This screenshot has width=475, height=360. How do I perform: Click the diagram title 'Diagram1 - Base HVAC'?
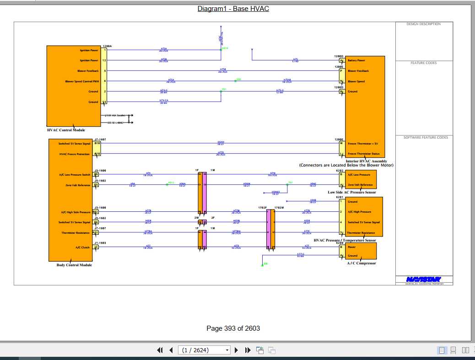[x=233, y=9]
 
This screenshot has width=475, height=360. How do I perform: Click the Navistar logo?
[x=424, y=279]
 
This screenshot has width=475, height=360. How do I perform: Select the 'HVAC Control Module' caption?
[x=66, y=130]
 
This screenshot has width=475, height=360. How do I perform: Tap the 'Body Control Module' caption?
[x=74, y=265]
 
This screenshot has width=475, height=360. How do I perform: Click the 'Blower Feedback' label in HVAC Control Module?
[x=88, y=71]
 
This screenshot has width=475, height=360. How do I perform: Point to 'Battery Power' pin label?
[x=356, y=60]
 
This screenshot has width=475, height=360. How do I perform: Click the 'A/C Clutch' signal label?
[x=82, y=247]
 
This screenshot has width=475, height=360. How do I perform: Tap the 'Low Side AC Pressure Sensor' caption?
[x=352, y=193]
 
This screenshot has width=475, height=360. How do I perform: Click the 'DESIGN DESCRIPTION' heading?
[x=424, y=24]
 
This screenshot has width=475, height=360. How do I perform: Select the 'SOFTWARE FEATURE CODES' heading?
[x=426, y=138]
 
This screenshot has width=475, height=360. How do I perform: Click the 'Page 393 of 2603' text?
[x=233, y=328]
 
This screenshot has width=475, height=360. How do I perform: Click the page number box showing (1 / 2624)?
[x=205, y=350]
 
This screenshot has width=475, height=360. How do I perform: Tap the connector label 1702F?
[x=262, y=208]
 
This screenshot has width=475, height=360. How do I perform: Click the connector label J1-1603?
[x=100, y=243]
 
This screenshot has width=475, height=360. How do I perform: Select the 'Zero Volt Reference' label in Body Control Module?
[x=78, y=185]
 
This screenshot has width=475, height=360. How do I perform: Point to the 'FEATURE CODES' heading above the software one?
[x=423, y=63]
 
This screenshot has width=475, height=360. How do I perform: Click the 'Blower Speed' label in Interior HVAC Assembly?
[x=356, y=81]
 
